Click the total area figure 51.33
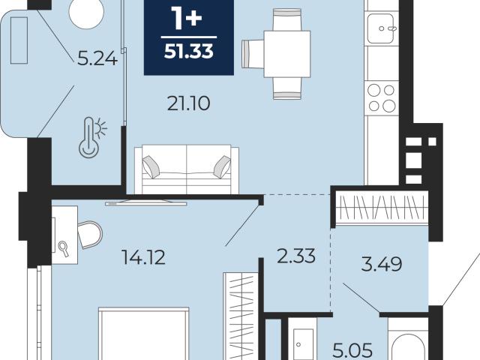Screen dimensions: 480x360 (x=188, y=52)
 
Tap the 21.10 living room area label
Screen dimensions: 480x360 (x=188, y=103)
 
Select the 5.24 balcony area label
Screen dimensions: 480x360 (x=97, y=58)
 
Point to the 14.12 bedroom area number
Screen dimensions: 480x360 (x=143, y=257)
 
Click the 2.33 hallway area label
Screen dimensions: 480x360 (x=296, y=256)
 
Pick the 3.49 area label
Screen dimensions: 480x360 (x=382, y=264)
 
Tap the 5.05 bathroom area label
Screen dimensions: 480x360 (x=352, y=350)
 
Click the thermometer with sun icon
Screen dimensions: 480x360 (x=92, y=137)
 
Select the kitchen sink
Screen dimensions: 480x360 (x=381, y=28)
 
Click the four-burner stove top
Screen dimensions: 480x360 (x=382, y=98)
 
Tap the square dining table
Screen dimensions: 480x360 (x=287, y=54)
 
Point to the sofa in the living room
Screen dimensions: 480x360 (x=187, y=169)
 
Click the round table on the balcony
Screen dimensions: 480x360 (x=87, y=13)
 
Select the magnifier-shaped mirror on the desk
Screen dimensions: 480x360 (x=64, y=249)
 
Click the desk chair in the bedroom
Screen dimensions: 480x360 (x=90, y=235)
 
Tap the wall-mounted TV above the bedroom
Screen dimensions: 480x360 (x=146, y=203)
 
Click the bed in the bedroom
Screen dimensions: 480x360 (x=143, y=334)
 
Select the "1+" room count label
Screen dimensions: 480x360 (x=187, y=19)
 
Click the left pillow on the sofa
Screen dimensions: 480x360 (x=151, y=166)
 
